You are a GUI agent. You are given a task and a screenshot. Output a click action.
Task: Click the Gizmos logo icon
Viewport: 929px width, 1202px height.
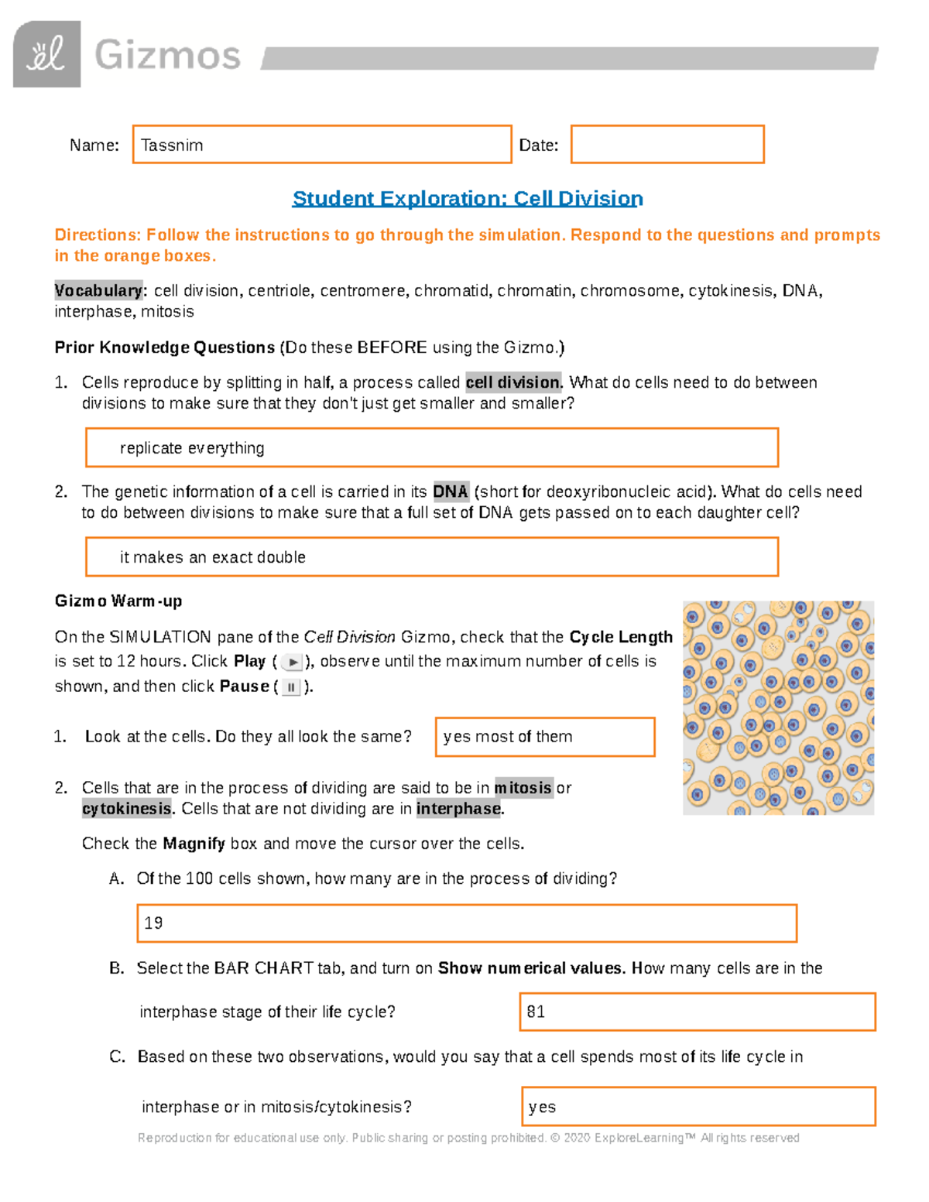pyautogui.click(x=46, y=54)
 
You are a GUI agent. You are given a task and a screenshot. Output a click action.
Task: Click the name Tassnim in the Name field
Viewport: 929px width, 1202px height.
pyautogui.click(x=172, y=146)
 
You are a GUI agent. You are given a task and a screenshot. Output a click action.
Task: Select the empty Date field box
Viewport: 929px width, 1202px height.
pyautogui.click(x=667, y=145)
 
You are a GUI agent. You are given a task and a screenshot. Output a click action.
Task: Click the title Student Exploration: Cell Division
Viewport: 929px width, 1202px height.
pyautogui.click(x=467, y=199)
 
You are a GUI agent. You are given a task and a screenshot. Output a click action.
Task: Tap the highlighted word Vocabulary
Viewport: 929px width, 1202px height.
pyautogui.click(x=98, y=291)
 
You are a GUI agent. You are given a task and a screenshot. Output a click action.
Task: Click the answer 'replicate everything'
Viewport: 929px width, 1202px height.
pyautogui.click(x=192, y=448)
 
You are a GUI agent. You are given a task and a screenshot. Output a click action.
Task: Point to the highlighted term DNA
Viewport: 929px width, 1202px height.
pyautogui.click(x=450, y=492)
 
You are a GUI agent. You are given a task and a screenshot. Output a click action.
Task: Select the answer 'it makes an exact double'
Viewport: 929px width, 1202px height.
pyautogui.click(x=212, y=557)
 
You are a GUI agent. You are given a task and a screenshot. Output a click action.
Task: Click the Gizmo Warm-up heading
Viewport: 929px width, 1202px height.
pyautogui.click(x=118, y=601)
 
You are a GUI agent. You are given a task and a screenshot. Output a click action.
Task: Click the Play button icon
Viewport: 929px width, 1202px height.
pyautogui.click(x=293, y=663)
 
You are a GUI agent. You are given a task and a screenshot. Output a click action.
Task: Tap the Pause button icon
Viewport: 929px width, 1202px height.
pyautogui.click(x=291, y=687)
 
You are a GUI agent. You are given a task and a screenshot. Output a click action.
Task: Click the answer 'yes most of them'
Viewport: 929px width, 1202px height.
pyautogui.click(x=508, y=737)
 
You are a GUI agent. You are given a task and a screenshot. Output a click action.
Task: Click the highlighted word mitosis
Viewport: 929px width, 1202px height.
pyautogui.click(x=523, y=788)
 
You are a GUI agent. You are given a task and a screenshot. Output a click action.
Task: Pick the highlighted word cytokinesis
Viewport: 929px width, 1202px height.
pyautogui.click(x=127, y=809)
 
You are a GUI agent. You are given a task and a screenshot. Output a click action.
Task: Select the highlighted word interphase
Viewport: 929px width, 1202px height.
pyautogui.click(x=459, y=809)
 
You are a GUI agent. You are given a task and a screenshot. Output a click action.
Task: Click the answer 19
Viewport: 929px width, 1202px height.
pyautogui.click(x=153, y=923)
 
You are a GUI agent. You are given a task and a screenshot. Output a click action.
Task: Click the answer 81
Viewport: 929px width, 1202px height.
pyautogui.click(x=536, y=1012)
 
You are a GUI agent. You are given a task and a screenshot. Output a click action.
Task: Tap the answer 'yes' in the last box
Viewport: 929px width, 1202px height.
pyautogui.click(x=542, y=1108)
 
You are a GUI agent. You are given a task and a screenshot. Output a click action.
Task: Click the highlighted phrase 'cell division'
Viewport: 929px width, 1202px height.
pyautogui.click(x=512, y=383)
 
